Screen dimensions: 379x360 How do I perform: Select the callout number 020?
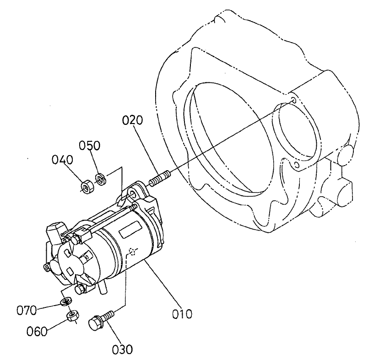133,120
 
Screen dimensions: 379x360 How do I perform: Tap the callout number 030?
122,349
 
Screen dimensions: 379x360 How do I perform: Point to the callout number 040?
62,160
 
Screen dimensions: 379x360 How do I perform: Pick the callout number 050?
90,145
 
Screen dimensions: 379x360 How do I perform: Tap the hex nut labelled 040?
86,186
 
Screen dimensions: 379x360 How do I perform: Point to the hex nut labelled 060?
74,316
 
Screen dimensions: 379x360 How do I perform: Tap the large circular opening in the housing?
224,133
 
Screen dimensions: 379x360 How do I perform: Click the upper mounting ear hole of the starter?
133,195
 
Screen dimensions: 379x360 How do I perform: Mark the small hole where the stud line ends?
293,100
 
